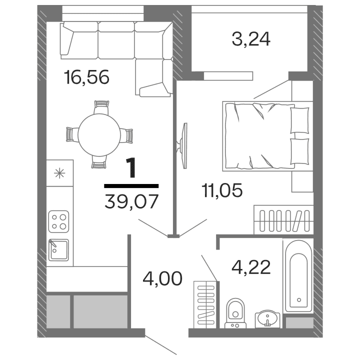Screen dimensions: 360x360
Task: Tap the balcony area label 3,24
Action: [x=251, y=39]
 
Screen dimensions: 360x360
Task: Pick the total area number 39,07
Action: [x=132, y=202]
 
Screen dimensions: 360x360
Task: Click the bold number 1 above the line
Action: [x=131, y=168]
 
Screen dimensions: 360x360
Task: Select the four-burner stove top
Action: [x=58, y=220]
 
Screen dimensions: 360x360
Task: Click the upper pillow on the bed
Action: [x=299, y=120]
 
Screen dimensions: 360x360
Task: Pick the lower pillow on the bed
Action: [x=299, y=151]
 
